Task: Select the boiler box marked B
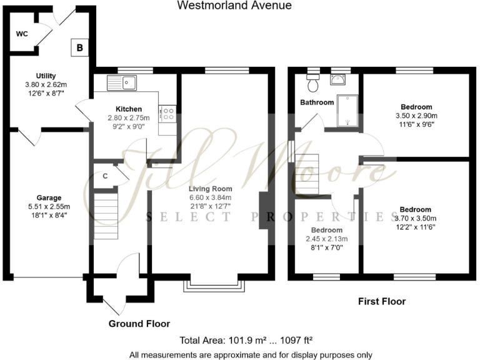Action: pyautogui.click(x=79, y=47)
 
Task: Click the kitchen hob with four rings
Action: pyautogui.click(x=167, y=112)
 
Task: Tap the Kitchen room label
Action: pyautogui.click(x=128, y=109)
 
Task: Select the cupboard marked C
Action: pyautogui.click(x=105, y=176)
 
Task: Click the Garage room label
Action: pyautogui.click(x=49, y=197)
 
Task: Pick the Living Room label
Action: pyautogui.click(x=211, y=189)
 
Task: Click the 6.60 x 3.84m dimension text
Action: pyautogui.click(x=211, y=197)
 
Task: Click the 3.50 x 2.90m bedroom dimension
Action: pyautogui.click(x=416, y=116)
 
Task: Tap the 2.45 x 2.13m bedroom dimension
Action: pyautogui.click(x=326, y=239)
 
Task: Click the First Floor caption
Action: pyautogui.click(x=381, y=301)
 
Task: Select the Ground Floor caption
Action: pyautogui.click(x=139, y=324)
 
